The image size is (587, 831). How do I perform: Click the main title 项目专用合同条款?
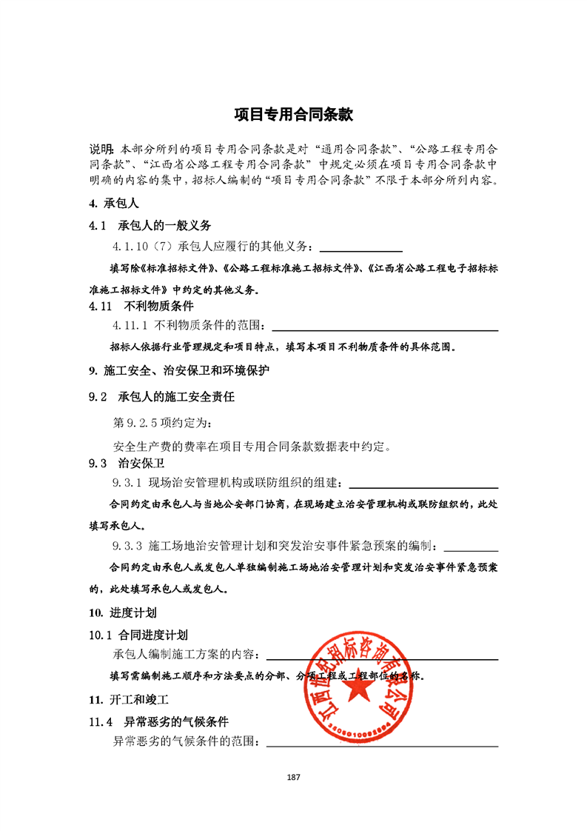click(293, 115)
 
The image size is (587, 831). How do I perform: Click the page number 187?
click(293, 777)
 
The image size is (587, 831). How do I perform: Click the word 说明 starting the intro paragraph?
click(101, 147)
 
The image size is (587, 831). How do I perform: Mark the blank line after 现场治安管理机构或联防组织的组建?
click(423, 487)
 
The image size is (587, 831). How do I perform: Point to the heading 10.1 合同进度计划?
click(138, 635)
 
